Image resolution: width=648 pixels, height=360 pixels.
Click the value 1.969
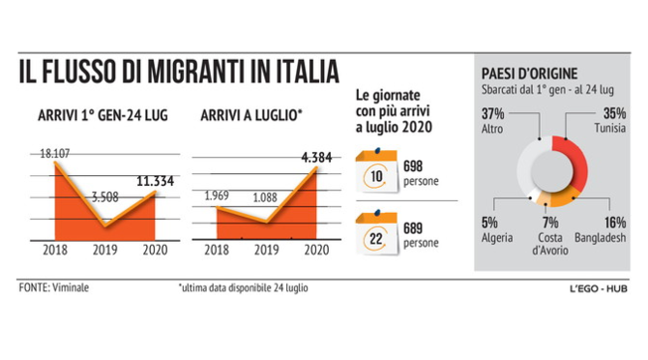pyautogui.click(x=217, y=195)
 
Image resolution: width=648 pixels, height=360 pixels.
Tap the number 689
pyautogui.click(x=413, y=228)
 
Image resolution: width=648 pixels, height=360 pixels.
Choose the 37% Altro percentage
pyautogui.click(x=494, y=112)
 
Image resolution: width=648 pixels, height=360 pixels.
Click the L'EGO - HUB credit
pyautogui.click(x=596, y=289)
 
